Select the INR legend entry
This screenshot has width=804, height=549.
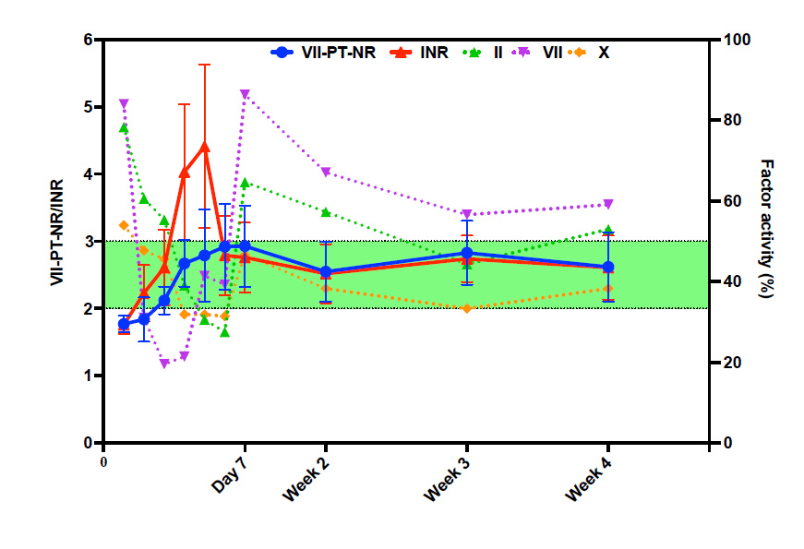coord(419,53)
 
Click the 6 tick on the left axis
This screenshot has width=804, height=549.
coord(89,41)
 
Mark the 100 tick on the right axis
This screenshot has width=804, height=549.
coord(728,41)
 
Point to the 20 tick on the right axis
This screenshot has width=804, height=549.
coord(725,363)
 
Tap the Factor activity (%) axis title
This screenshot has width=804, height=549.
coord(765,227)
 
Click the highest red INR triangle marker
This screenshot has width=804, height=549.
coord(204,147)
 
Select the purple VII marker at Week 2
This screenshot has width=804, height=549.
coord(325,172)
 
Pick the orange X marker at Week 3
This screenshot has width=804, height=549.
coord(466,307)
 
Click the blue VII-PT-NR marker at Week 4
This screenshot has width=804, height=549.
coord(607,267)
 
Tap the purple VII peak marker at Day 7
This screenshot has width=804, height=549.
coord(245,94)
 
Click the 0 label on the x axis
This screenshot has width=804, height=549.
coord(103,461)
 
